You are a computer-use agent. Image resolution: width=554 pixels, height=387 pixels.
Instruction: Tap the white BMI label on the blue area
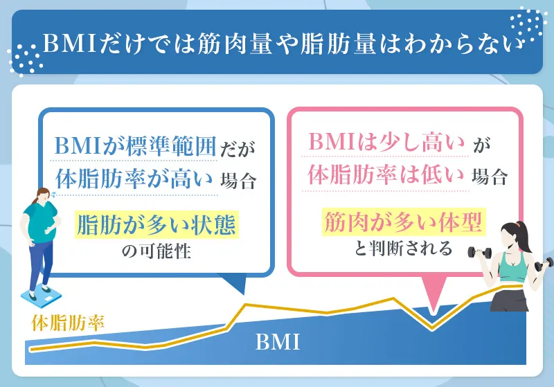[277, 342]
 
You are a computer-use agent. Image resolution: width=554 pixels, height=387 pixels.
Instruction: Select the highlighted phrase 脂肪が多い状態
[158, 226]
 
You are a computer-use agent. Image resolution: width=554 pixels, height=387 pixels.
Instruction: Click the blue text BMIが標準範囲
[136, 147]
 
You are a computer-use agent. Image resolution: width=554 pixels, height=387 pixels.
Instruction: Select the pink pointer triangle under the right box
[434, 300]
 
